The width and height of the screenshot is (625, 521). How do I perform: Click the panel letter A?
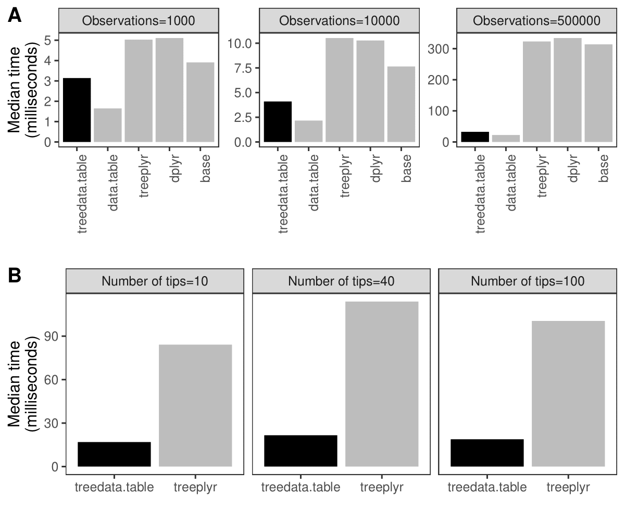click(x=15, y=16)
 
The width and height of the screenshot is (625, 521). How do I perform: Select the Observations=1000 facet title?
click(x=139, y=21)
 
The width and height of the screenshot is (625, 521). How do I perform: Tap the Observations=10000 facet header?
click(x=339, y=21)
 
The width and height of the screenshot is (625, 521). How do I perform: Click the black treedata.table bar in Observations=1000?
click(x=77, y=110)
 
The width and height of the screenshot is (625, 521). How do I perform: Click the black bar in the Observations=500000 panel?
click(x=475, y=137)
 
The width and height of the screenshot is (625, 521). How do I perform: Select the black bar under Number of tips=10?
click(x=114, y=454)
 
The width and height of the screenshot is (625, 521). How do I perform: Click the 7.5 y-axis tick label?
click(x=242, y=68)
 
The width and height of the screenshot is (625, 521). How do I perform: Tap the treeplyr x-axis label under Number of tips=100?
click(x=568, y=488)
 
